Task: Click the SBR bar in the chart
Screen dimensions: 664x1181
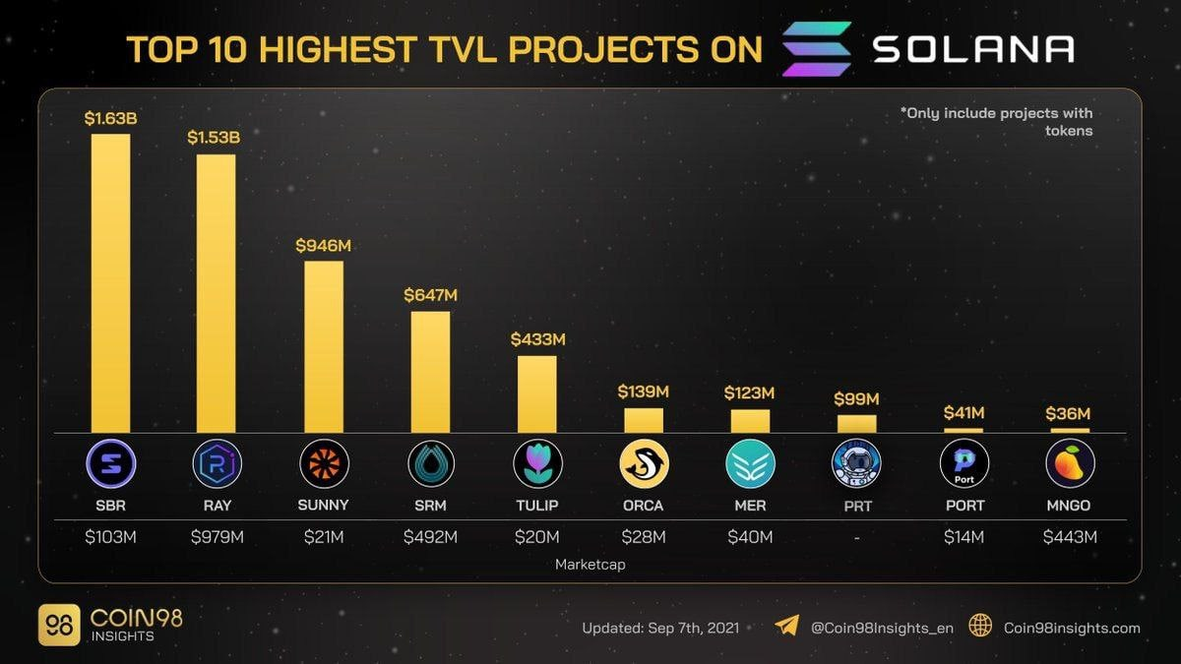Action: [110, 282]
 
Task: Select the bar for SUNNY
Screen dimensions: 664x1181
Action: [323, 346]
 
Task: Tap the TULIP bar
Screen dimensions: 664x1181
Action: [536, 393]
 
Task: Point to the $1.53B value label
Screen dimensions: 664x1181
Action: [214, 137]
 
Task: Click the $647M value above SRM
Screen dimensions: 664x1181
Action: [430, 294]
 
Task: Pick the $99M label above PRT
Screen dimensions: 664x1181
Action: [856, 398]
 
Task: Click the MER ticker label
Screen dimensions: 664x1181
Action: [750, 506]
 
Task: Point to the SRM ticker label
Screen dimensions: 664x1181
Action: [430, 506]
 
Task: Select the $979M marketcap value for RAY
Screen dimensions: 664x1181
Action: [217, 537]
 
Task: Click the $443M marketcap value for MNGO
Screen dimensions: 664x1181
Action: [1070, 537]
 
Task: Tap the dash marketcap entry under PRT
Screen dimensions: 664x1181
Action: [856, 537]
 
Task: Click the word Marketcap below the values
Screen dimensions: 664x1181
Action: [590, 565]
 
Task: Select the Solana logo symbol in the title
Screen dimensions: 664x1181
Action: [816, 48]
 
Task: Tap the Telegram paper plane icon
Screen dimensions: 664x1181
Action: [786, 626]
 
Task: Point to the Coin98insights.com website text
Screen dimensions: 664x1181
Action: [1072, 628]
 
